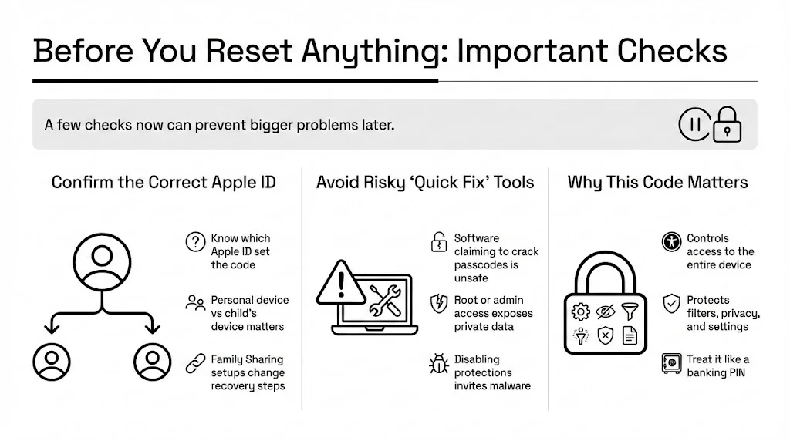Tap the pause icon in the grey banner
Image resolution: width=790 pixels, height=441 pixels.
[x=694, y=124]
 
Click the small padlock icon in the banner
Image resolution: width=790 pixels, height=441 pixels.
[x=727, y=123]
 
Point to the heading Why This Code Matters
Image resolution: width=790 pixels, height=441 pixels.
[x=657, y=183]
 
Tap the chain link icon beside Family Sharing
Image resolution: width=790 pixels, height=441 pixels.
[x=194, y=363]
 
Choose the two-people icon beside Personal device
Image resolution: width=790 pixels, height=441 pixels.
[x=194, y=303]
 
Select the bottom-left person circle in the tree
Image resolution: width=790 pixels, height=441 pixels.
[x=52, y=360]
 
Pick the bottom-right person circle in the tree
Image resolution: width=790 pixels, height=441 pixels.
[x=151, y=360]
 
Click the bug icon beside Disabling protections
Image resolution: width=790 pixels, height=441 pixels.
[x=438, y=363]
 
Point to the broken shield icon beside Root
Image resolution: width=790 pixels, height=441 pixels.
[x=438, y=302]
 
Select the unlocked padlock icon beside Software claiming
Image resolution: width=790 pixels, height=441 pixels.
[x=438, y=242]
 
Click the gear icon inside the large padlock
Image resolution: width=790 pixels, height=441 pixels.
[x=580, y=312]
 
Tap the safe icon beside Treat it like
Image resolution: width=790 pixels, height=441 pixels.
[x=671, y=363]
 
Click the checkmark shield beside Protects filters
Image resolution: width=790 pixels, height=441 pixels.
[x=671, y=303]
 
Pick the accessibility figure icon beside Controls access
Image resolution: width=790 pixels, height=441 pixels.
[x=671, y=242]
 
